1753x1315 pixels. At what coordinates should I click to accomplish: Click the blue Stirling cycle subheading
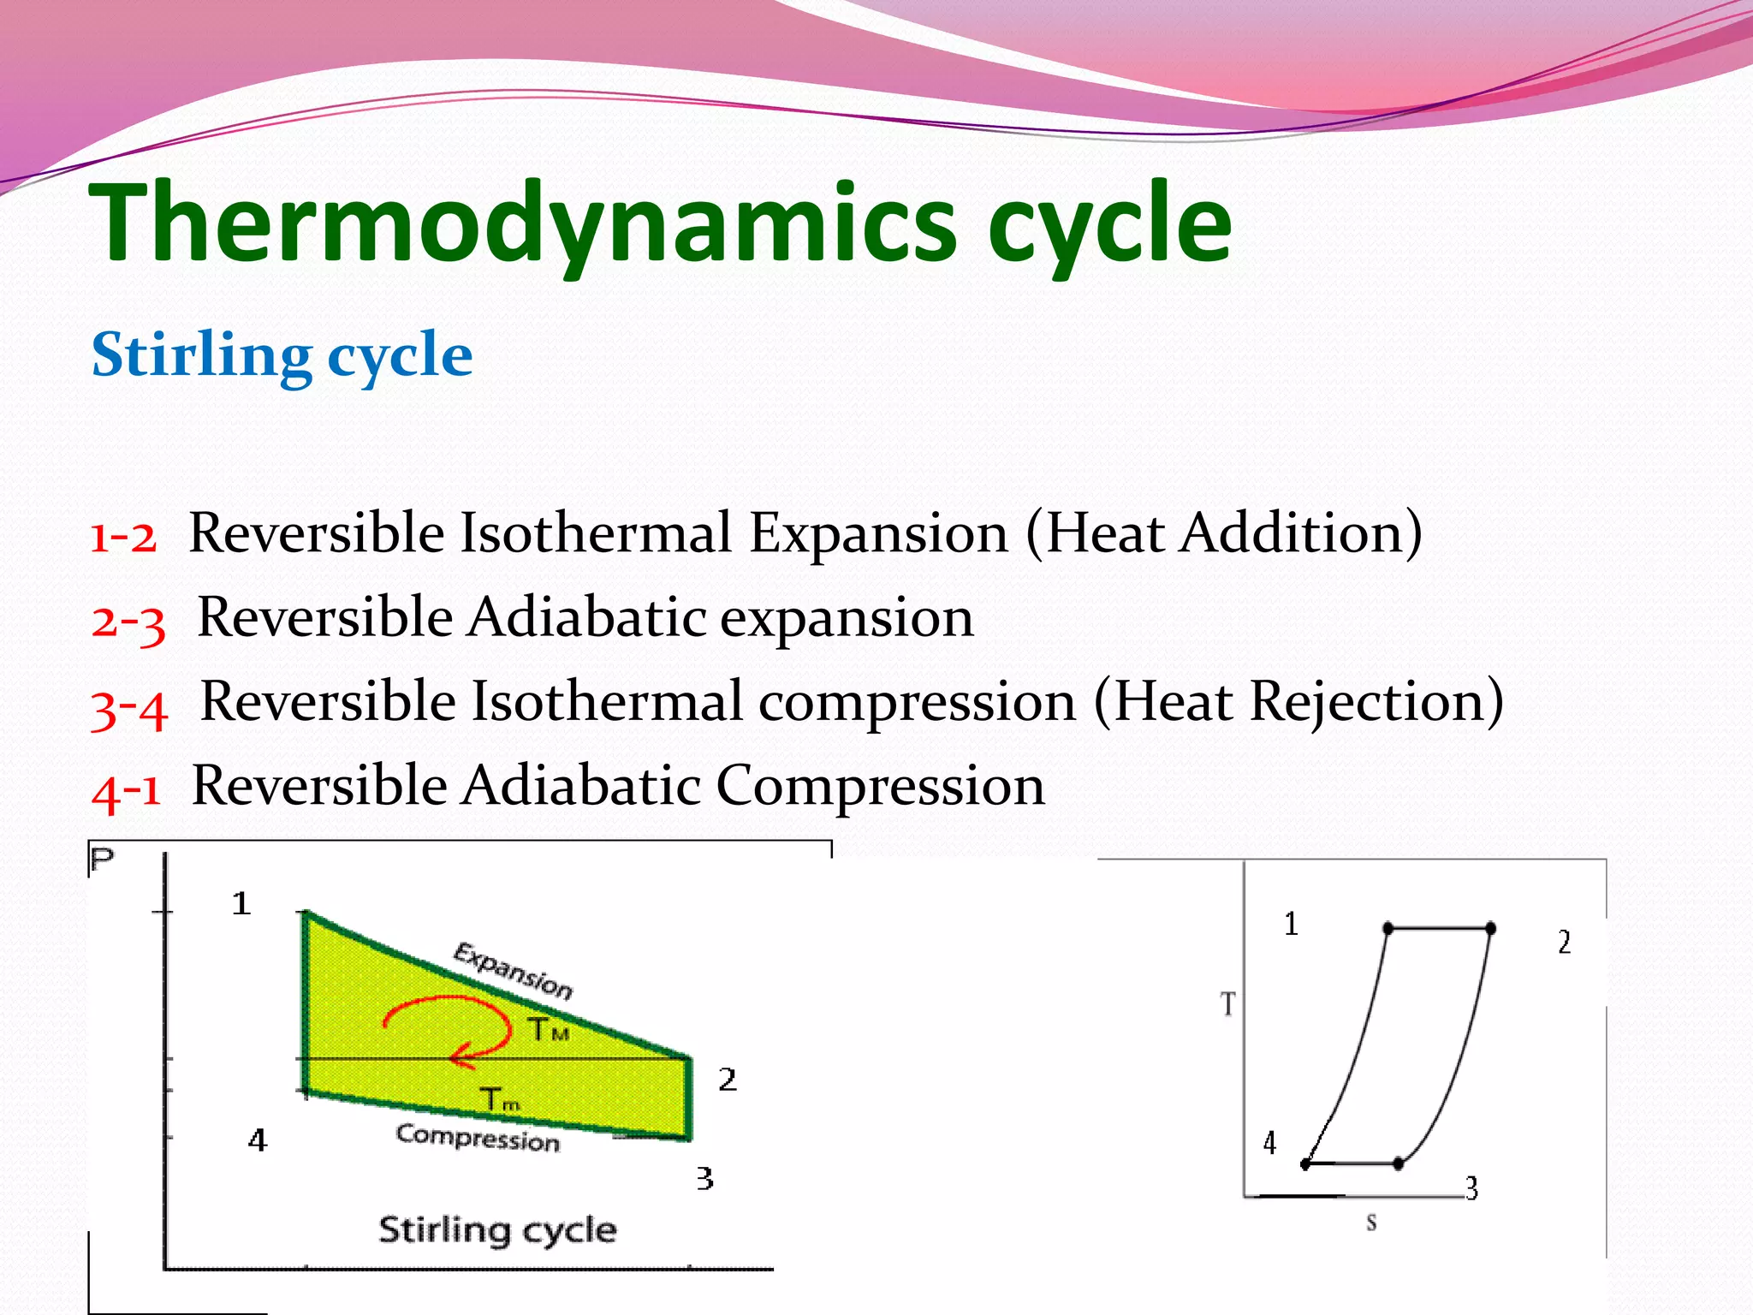point(282,354)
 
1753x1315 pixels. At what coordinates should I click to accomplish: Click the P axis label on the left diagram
point(102,859)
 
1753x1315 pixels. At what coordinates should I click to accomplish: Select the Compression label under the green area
point(478,1138)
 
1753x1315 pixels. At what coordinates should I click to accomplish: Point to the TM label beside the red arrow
point(548,1030)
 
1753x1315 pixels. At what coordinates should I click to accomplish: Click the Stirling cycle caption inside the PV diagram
point(497,1230)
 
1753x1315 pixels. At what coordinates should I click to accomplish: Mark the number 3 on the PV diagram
point(704,1179)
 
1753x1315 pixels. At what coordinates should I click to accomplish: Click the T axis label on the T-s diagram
point(1228,1003)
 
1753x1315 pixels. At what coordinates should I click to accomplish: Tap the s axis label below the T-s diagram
point(1371,1223)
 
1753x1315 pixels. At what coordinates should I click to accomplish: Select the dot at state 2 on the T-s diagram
point(1490,928)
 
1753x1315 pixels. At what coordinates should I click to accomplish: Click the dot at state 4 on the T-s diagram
point(1305,1164)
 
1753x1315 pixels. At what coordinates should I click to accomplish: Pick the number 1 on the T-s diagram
point(1291,924)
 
